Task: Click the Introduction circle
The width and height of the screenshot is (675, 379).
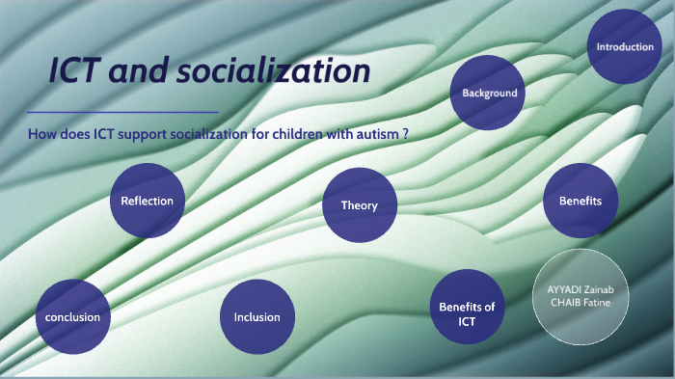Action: (x=625, y=46)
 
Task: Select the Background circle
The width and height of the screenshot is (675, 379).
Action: (x=489, y=94)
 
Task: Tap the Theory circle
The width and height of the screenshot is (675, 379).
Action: (x=360, y=205)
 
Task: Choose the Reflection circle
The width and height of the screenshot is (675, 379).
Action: (x=147, y=201)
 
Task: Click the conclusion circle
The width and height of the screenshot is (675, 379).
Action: (x=72, y=316)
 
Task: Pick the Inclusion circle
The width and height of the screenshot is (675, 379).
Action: (x=257, y=316)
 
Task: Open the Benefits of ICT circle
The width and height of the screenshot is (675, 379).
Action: (x=467, y=313)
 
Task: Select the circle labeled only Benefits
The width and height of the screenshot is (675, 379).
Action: (x=580, y=201)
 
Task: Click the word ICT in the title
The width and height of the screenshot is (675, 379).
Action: (x=82, y=72)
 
